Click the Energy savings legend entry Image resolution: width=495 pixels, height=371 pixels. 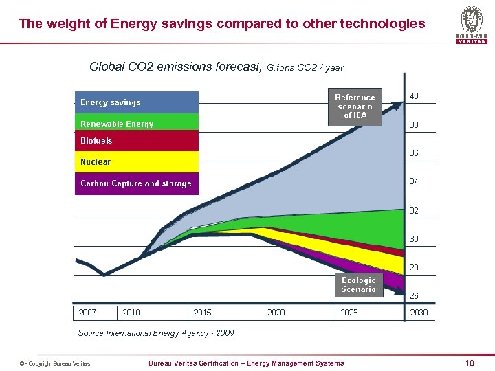[x=136, y=102]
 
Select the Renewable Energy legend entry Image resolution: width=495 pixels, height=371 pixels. [x=136, y=123]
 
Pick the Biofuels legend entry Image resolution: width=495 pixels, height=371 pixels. [x=136, y=141]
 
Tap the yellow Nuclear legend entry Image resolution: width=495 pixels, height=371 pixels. [x=136, y=161]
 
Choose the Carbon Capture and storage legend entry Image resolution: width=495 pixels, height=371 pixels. [x=136, y=183]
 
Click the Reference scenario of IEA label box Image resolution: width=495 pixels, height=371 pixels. [x=355, y=106]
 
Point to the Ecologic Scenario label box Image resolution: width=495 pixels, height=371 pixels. [x=358, y=285]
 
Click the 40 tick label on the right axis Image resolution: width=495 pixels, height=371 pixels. [x=414, y=96]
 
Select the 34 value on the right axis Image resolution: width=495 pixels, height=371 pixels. [x=414, y=182]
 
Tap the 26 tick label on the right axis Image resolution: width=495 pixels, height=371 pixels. [x=414, y=296]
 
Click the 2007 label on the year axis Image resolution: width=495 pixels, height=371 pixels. [x=87, y=313]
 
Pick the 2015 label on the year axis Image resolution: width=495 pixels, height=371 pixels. [x=202, y=313]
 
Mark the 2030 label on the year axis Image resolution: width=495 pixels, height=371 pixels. [x=418, y=313]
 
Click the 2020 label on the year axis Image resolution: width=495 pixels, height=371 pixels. [x=276, y=313]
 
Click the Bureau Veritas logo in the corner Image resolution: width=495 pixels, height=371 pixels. [x=472, y=25]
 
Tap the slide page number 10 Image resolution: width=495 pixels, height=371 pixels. [x=470, y=363]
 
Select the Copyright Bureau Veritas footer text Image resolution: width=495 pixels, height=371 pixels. [x=55, y=363]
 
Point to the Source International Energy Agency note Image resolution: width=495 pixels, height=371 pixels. [x=156, y=333]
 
